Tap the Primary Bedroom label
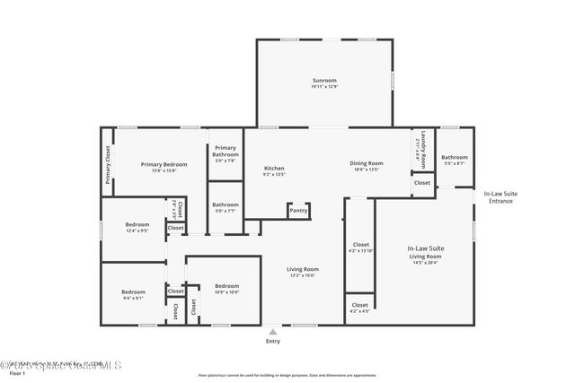(x=164, y=166)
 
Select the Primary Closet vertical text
(x=108, y=165)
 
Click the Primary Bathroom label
(x=226, y=153)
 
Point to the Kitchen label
(x=273, y=170)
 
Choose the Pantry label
(x=298, y=211)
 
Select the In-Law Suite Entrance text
(x=500, y=196)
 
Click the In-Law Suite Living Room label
(x=426, y=252)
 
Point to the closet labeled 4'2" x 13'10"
(x=360, y=247)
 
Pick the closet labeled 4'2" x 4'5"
(x=359, y=308)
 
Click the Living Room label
(x=303, y=272)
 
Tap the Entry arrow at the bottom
(x=272, y=331)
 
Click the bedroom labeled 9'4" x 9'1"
(x=133, y=294)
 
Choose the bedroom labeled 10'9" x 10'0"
(x=226, y=289)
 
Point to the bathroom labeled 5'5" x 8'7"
(x=454, y=160)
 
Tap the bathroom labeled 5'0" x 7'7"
(x=226, y=207)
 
